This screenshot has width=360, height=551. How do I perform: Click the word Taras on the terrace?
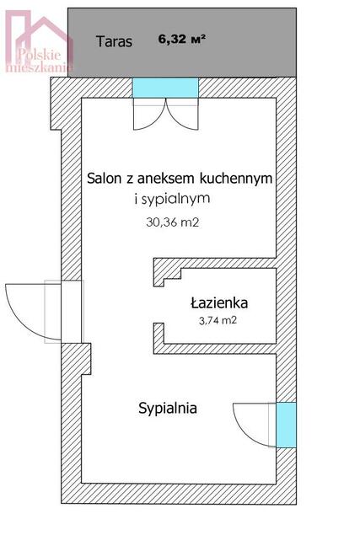click(114, 41)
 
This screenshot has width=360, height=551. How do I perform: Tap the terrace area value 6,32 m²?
click(182, 38)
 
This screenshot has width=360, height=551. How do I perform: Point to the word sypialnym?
click(175, 199)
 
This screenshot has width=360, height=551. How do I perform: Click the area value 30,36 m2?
click(172, 223)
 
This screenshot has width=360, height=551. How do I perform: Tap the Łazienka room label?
click(218, 302)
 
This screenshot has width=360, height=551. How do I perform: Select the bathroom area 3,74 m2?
click(218, 321)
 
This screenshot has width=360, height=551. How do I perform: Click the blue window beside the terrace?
click(165, 88)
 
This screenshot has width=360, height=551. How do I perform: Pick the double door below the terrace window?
click(164, 114)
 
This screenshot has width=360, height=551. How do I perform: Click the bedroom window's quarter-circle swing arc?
click(251, 425)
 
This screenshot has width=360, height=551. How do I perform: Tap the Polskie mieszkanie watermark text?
click(41, 60)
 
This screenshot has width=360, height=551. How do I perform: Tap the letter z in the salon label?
click(132, 179)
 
